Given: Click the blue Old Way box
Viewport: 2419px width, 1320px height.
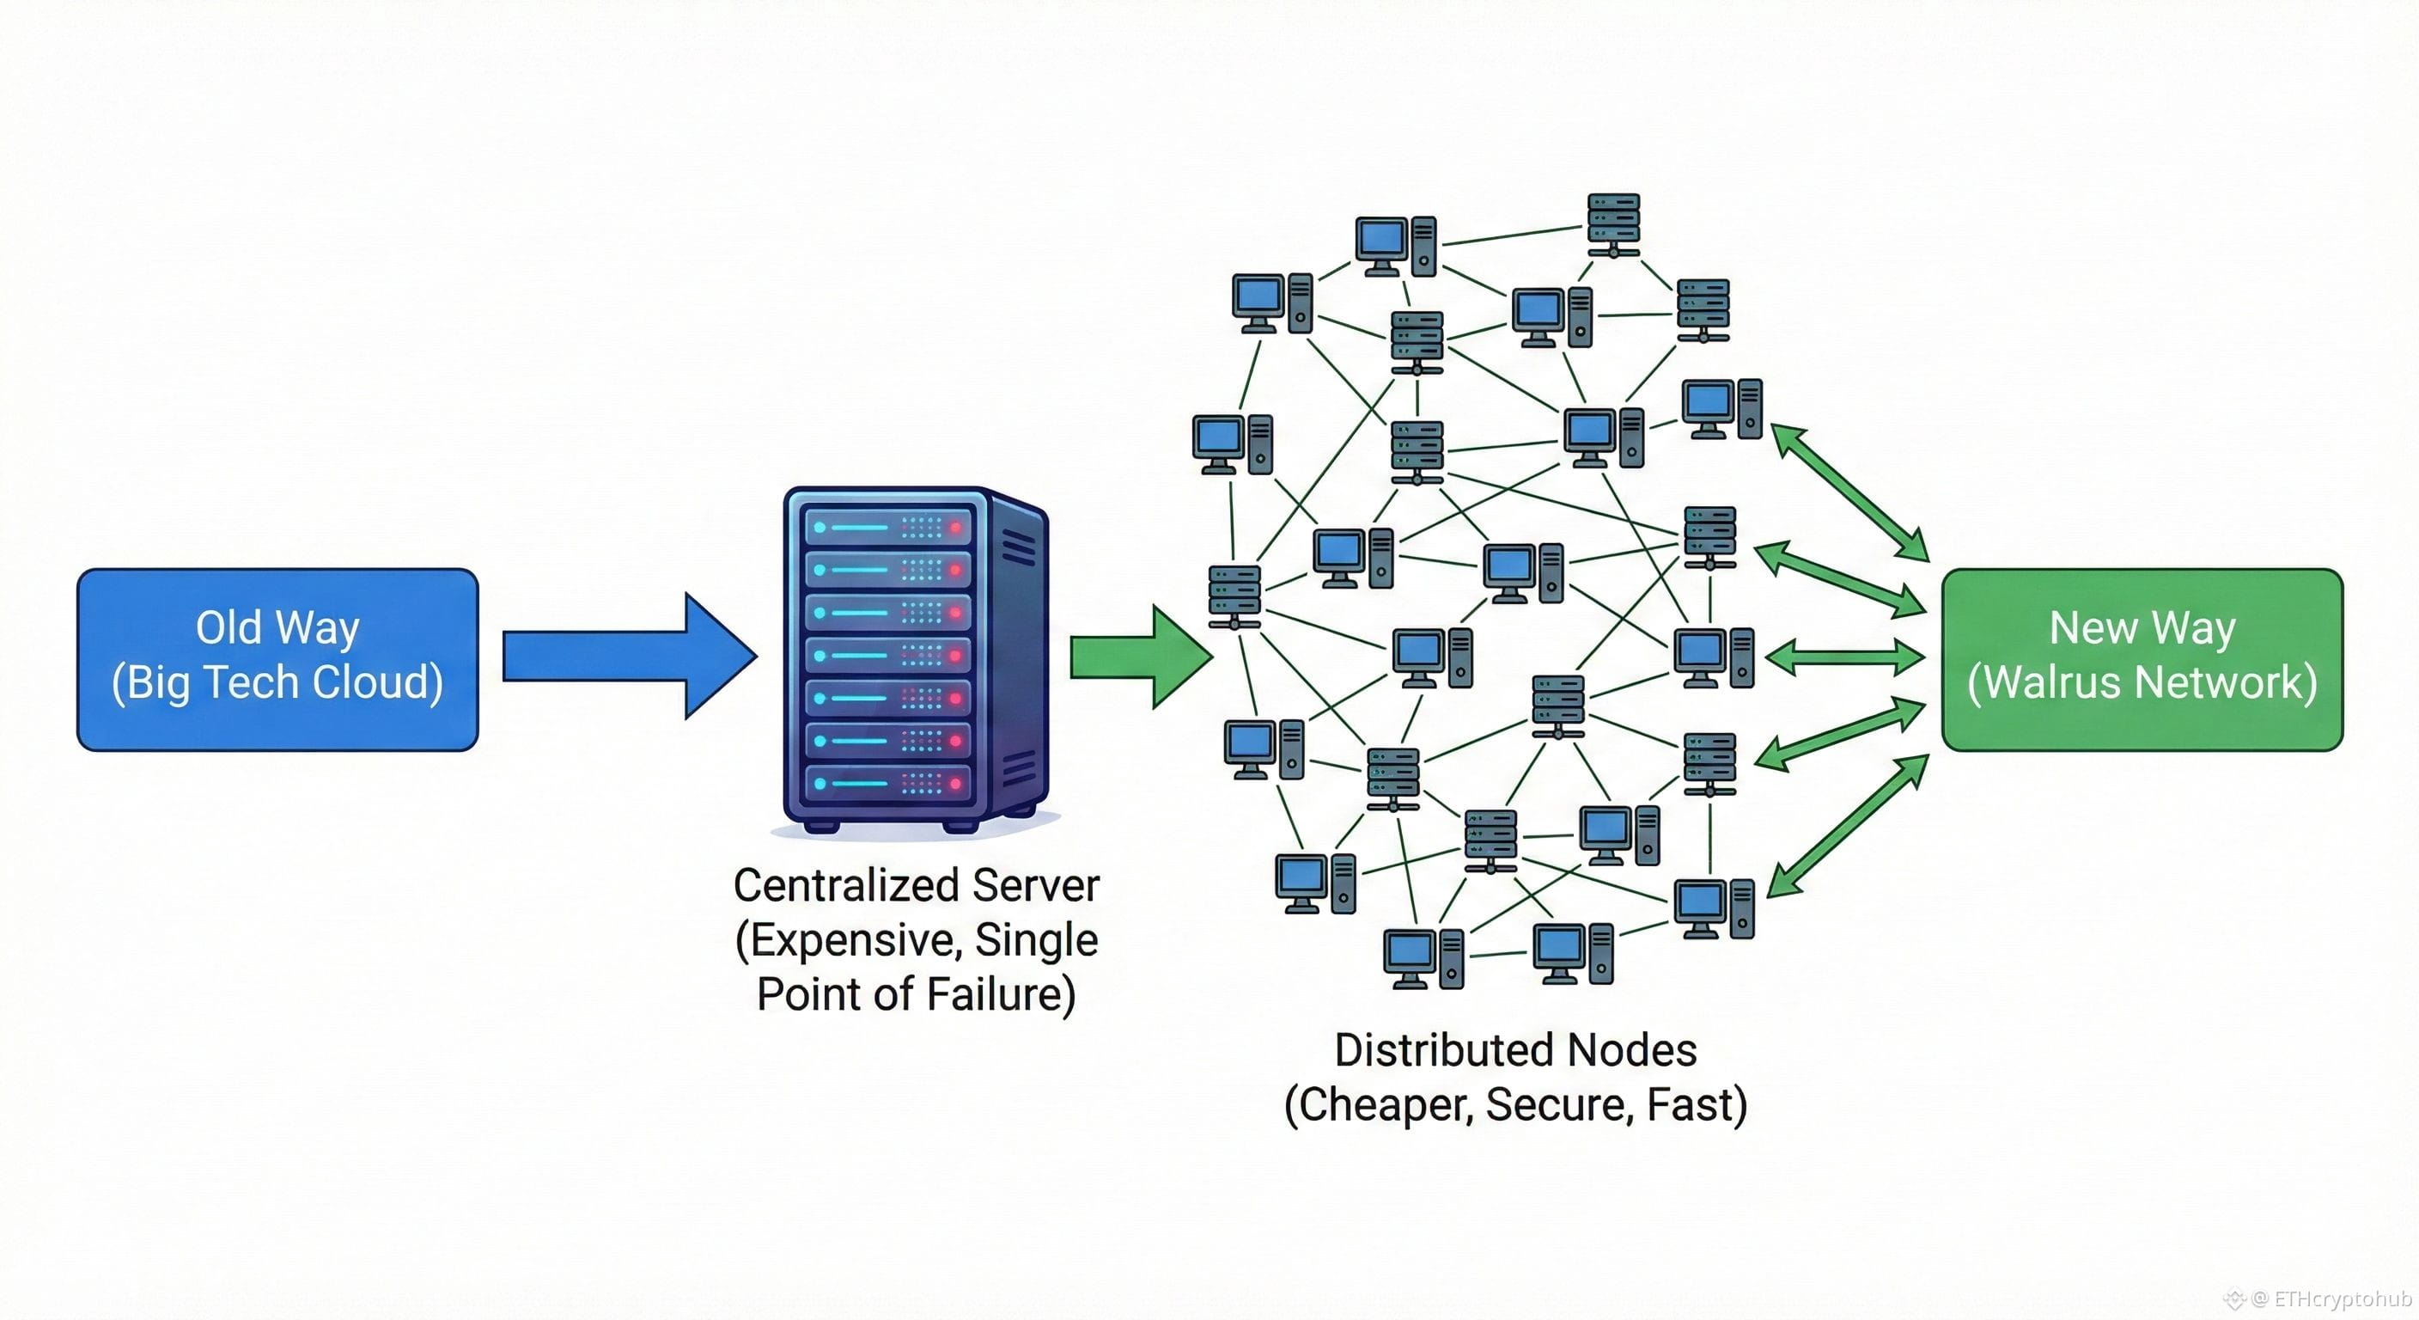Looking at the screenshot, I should [x=277, y=658].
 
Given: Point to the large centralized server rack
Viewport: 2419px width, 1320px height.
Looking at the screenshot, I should [x=915, y=657].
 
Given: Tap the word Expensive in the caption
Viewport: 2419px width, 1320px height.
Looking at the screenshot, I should [x=848, y=939].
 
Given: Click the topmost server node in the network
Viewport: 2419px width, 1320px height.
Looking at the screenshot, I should [x=1613, y=224].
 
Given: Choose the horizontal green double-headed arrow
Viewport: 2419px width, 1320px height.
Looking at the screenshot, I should [x=1844, y=657].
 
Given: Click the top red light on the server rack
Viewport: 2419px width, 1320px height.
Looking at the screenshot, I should [x=956, y=528].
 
